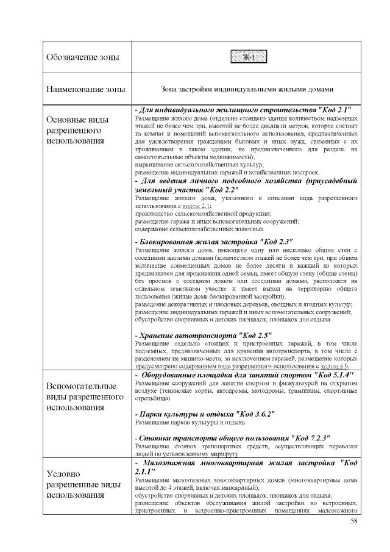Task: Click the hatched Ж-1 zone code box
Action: [247, 57]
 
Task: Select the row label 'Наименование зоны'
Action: [86, 89]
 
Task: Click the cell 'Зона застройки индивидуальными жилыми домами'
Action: [247, 89]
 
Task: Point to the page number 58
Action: [354, 521]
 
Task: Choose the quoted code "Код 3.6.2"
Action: [254, 414]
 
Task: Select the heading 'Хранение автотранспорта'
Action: [182, 335]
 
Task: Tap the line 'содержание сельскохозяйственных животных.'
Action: [199, 229]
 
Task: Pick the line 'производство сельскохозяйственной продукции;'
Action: [203, 214]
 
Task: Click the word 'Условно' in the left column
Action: [65, 474]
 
